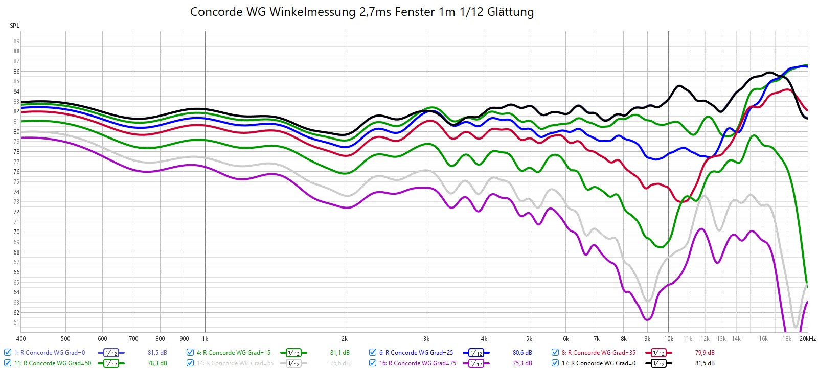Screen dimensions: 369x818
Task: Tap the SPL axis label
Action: tap(14, 26)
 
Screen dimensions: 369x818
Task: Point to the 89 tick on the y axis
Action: tap(16, 41)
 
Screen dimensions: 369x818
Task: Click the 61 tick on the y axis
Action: tap(16, 322)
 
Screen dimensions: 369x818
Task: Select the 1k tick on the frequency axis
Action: tap(205, 339)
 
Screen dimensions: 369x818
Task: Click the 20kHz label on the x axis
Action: tap(808, 339)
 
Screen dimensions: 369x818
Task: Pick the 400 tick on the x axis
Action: tap(21, 339)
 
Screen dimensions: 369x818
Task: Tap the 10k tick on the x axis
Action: tap(668, 339)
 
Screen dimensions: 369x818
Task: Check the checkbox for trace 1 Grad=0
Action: tap(8, 353)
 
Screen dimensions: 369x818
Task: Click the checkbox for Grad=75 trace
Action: tap(373, 363)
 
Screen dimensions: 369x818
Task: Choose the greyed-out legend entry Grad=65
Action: tap(235, 363)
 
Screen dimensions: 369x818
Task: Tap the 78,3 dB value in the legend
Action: tap(157, 363)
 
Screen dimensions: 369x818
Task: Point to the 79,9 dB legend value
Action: tap(705, 353)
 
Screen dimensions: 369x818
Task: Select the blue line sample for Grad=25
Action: tap(476, 353)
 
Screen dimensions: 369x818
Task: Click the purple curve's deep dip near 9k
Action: tap(648, 319)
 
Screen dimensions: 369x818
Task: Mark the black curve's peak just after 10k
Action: tap(679, 86)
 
